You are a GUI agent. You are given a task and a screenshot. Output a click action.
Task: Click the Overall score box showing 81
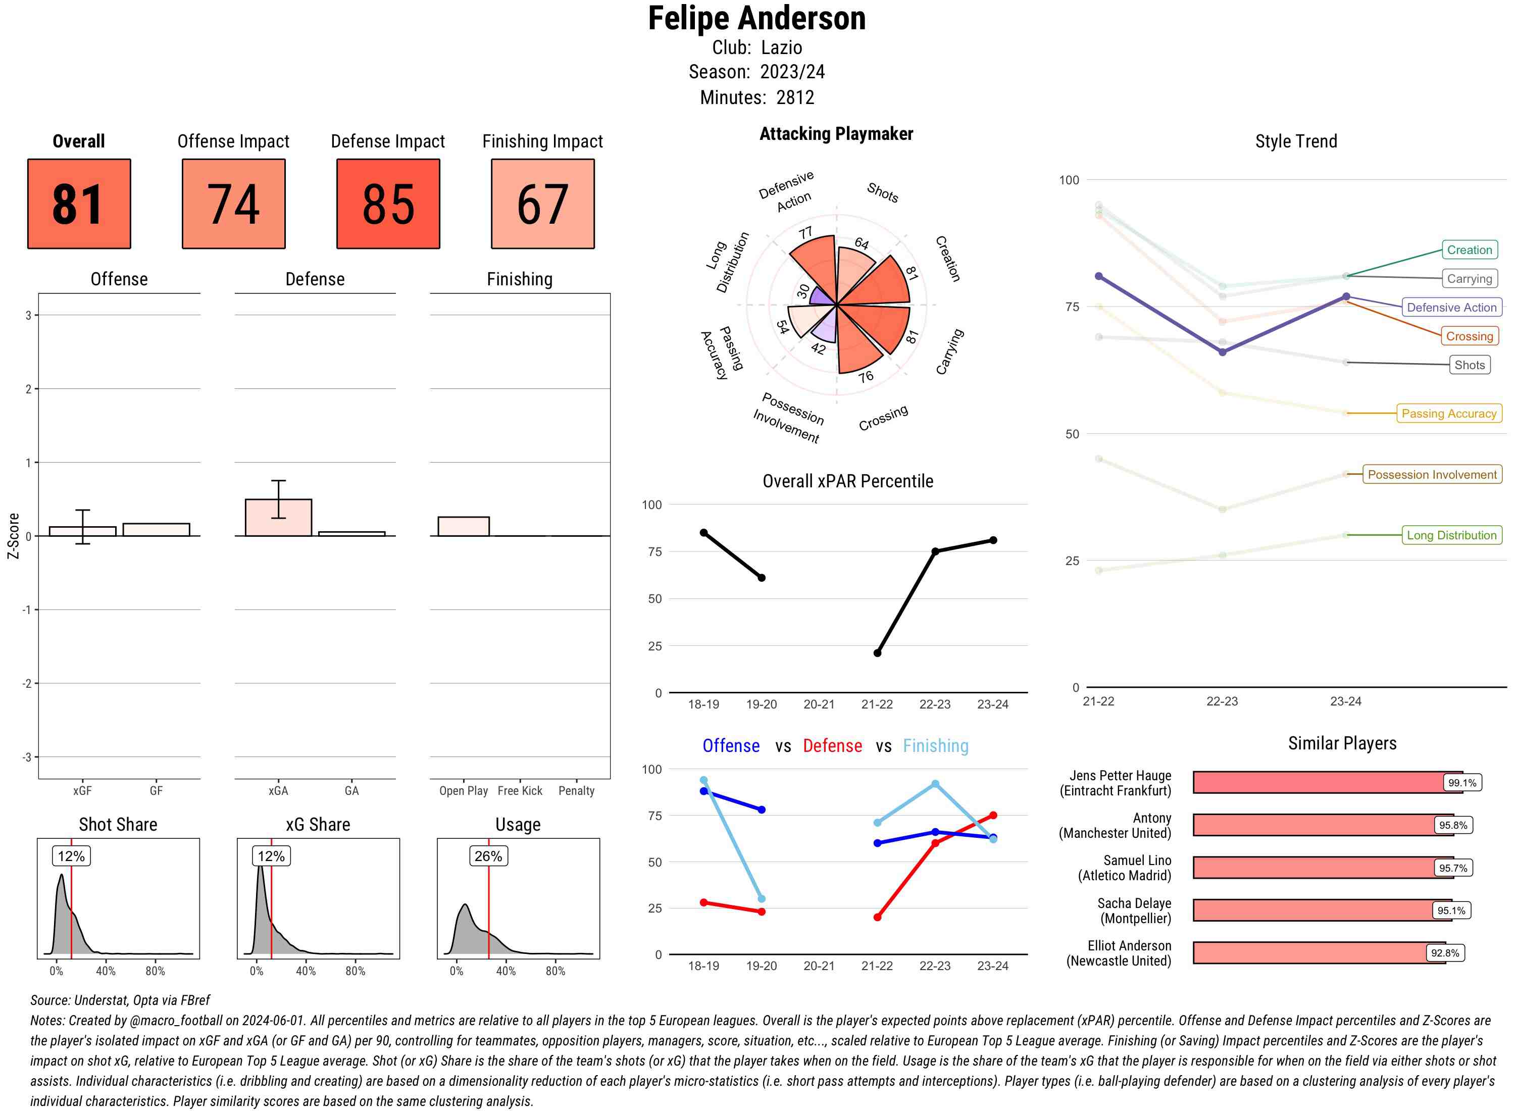point(79,204)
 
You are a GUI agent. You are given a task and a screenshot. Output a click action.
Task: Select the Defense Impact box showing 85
point(388,204)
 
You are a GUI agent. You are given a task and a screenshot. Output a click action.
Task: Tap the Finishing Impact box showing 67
point(543,204)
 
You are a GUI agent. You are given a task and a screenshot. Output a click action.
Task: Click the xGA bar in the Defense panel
point(278,517)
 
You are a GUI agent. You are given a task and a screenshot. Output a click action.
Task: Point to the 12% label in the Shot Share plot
point(71,856)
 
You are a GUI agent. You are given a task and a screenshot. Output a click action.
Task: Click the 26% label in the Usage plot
point(488,856)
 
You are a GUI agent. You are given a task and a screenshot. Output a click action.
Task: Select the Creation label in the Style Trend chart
point(1469,249)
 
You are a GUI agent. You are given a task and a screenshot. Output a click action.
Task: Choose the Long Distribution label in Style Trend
point(1451,535)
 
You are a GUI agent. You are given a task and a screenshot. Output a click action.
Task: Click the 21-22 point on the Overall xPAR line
point(877,653)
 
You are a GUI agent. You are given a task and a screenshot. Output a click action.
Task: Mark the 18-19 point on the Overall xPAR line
point(703,533)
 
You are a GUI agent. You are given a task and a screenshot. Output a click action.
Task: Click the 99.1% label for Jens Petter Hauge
point(1462,783)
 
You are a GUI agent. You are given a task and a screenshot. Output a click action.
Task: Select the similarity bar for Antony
point(1315,825)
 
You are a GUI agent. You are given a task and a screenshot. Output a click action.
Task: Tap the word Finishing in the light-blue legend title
point(935,746)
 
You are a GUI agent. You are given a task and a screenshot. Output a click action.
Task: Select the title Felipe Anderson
point(756,18)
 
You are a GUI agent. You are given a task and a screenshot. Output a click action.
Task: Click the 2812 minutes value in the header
point(795,97)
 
